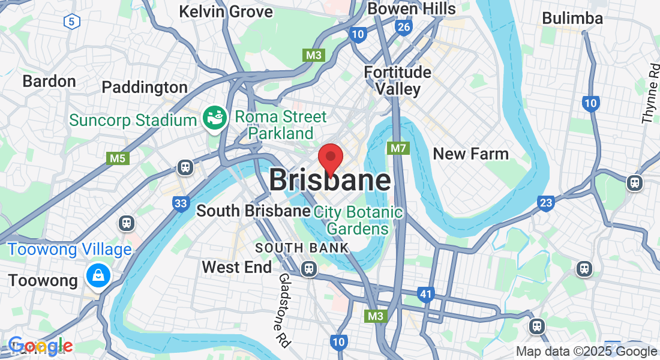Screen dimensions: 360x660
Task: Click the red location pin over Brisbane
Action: click(330, 158)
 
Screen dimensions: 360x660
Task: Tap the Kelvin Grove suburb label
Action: click(226, 11)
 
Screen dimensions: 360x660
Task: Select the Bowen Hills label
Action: click(412, 8)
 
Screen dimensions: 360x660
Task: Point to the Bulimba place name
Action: click(572, 18)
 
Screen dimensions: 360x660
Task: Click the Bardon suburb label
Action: click(49, 81)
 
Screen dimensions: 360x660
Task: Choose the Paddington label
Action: click(145, 87)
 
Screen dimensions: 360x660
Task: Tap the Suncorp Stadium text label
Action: click(133, 119)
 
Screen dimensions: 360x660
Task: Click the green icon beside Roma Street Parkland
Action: click(214, 118)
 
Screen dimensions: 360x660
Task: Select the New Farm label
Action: click(471, 154)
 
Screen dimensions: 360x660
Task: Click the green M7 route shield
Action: click(398, 148)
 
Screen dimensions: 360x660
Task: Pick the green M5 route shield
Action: click(117, 158)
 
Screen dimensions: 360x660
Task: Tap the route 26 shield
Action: click(404, 27)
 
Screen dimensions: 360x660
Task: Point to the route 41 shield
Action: click(426, 294)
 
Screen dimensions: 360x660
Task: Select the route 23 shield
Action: click(545, 203)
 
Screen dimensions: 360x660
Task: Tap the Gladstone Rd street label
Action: click(283, 310)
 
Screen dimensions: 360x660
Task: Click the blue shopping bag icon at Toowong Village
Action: click(96, 275)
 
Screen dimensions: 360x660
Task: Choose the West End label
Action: click(237, 267)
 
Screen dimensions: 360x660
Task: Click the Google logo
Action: click(40, 346)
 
